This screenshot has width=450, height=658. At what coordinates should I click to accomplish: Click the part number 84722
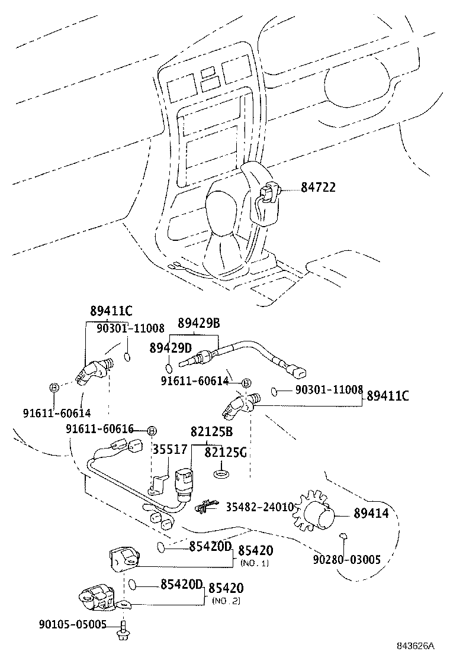click(318, 188)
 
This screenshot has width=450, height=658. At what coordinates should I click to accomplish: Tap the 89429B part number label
click(199, 323)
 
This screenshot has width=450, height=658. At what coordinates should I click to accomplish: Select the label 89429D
click(171, 347)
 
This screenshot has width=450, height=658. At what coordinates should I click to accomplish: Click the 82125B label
click(211, 433)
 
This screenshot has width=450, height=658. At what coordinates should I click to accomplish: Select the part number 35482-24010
click(259, 507)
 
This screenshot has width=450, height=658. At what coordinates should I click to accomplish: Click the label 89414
click(371, 514)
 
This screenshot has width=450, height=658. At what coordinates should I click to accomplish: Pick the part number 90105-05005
click(73, 624)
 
